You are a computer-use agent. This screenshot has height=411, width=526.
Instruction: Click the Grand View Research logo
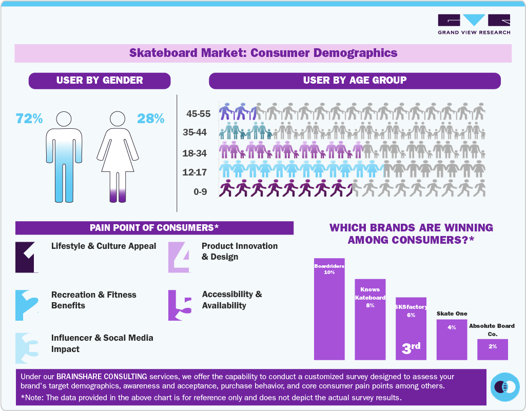[x=474, y=24]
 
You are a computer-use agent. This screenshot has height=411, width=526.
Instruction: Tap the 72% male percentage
[x=29, y=119]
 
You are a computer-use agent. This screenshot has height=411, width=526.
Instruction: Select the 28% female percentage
[x=150, y=119]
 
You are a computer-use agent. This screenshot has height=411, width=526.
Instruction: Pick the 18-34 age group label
[x=195, y=153]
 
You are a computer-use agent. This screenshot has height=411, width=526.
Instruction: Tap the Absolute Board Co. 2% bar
[x=493, y=349]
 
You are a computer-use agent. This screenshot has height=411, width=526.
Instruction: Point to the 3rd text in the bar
[x=411, y=348]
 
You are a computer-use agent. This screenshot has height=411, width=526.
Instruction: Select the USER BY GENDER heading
[x=100, y=81]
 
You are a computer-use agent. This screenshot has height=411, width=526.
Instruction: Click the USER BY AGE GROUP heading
[x=355, y=81]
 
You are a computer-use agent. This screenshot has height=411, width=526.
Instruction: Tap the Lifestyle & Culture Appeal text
[x=104, y=246]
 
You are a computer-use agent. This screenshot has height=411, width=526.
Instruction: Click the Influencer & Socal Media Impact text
[x=102, y=343]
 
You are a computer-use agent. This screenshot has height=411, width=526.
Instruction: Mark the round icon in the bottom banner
[x=505, y=387]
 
